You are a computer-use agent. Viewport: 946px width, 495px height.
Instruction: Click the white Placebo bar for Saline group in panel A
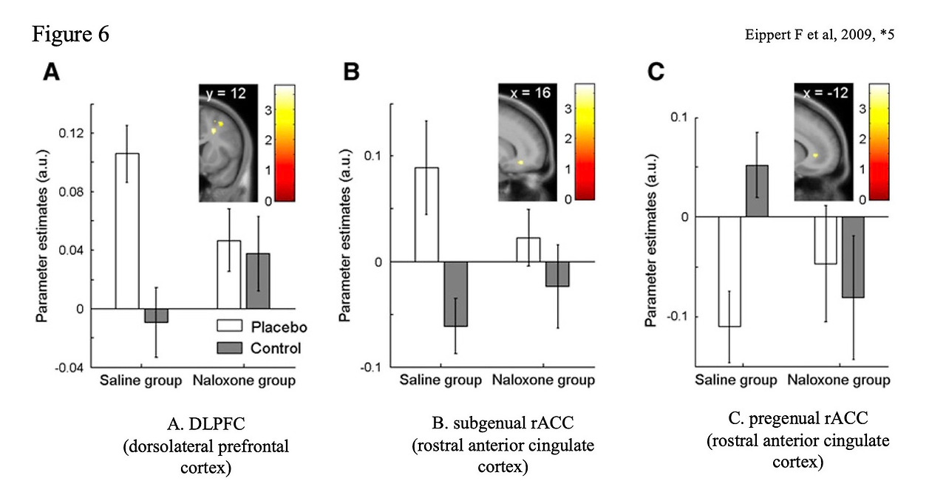click(x=127, y=231)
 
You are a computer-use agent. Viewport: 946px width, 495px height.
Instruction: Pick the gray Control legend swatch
click(x=230, y=348)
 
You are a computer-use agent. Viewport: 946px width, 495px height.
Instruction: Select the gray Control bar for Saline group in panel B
click(x=456, y=294)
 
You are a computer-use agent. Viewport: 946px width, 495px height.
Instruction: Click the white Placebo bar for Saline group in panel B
click(x=426, y=214)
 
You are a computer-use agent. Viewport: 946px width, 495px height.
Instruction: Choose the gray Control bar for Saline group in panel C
click(x=757, y=191)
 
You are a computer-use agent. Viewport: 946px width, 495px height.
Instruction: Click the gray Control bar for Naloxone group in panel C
click(x=852, y=257)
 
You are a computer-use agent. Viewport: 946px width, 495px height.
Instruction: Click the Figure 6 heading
click(x=70, y=34)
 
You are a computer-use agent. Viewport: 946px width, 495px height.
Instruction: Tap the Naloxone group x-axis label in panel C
click(x=839, y=380)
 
